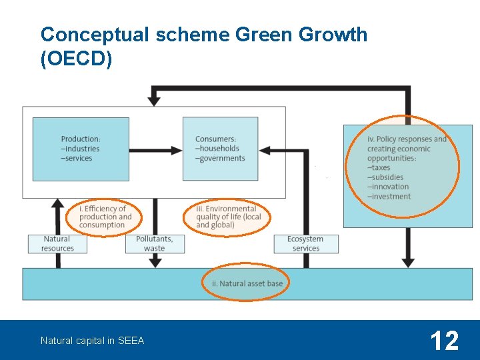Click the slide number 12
[444, 341]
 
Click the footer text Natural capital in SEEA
[92, 341]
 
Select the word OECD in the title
[76, 59]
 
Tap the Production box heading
[81, 139]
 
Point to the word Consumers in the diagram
[215, 139]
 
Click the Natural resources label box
[57, 244]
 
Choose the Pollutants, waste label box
[155, 244]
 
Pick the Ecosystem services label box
[305, 244]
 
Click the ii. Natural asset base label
[247, 283]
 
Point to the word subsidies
[387, 177]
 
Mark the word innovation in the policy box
[389, 187]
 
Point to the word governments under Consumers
[221, 158]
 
